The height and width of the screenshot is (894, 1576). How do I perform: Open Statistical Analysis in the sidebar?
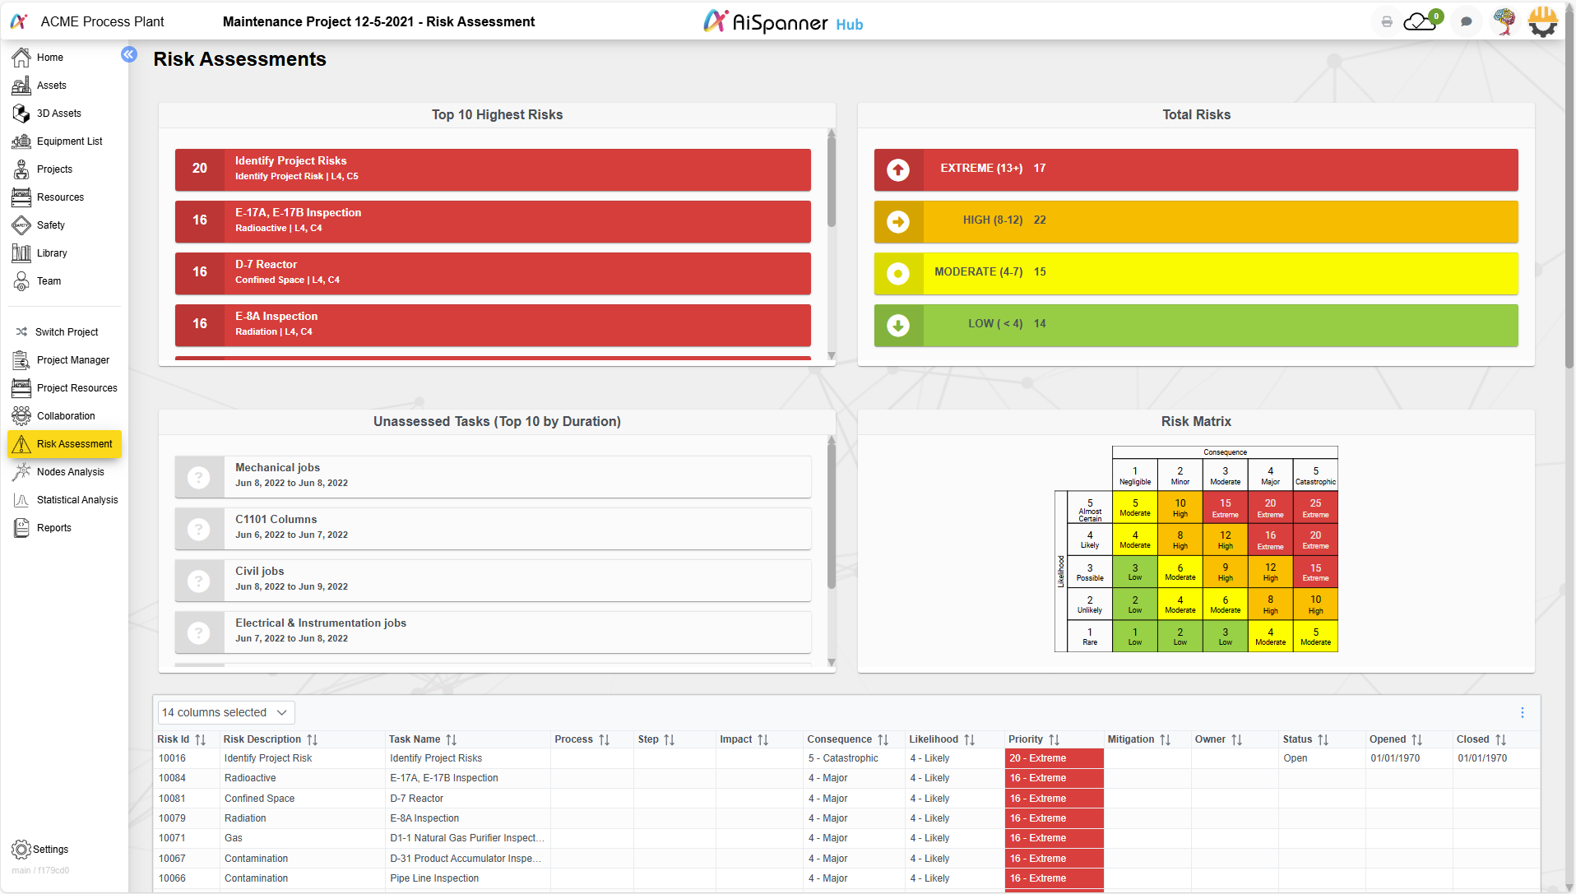(x=76, y=500)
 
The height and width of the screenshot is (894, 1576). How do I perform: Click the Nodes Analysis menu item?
(x=70, y=472)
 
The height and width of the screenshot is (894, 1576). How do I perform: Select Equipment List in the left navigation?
(x=69, y=141)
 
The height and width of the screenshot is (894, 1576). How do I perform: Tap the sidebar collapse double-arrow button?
(x=129, y=54)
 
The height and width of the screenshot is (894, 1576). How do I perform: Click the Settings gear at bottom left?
(x=21, y=850)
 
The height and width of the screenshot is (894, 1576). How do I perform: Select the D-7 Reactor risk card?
(x=492, y=272)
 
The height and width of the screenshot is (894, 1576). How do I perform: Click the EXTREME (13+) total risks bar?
(x=1195, y=169)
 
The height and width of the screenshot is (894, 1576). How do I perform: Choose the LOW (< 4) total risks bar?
(x=1195, y=324)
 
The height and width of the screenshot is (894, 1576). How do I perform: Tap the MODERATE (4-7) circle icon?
(x=898, y=273)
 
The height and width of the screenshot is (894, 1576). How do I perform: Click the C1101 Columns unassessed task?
(x=492, y=527)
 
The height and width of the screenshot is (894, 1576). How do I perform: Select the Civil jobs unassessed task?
(x=492, y=579)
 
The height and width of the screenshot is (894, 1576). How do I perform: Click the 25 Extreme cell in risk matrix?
(x=1315, y=507)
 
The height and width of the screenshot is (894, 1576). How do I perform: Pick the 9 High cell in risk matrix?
(x=1225, y=572)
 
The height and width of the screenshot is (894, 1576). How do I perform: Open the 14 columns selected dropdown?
(x=225, y=712)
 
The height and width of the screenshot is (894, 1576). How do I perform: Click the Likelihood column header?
(x=934, y=739)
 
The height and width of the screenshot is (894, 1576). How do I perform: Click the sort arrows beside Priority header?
(x=1054, y=740)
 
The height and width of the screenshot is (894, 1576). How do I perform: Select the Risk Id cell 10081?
(x=172, y=799)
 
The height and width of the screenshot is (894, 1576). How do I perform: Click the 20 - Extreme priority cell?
(x=1053, y=758)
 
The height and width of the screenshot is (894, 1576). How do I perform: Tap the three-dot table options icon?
(x=1523, y=712)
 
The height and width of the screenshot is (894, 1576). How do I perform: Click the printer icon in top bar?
(x=1387, y=22)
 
